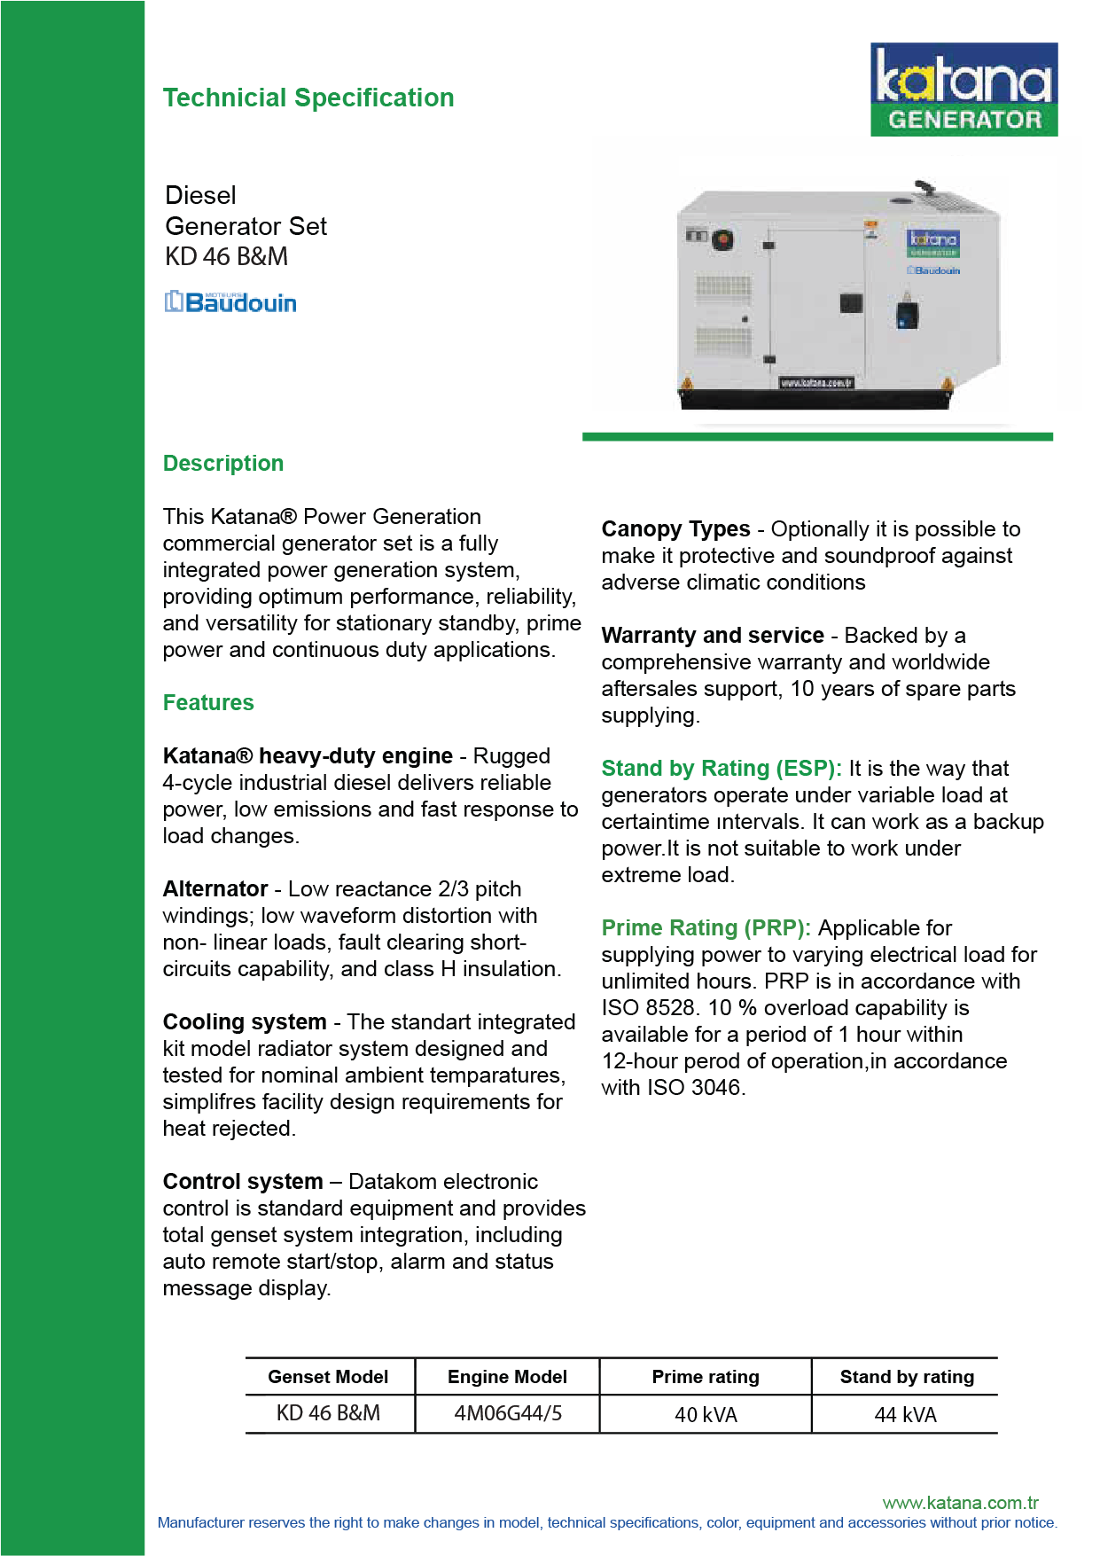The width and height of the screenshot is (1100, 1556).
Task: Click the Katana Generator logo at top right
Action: click(x=963, y=90)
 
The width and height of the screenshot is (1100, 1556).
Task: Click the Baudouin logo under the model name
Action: click(x=230, y=302)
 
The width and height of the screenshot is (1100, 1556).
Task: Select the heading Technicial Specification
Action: click(x=308, y=98)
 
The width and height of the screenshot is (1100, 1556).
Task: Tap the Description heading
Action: click(x=223, y=464)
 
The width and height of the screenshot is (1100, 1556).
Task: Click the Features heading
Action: click(x=208, y=703)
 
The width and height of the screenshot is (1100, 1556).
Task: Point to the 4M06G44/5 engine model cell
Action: click(x=508, y=1413)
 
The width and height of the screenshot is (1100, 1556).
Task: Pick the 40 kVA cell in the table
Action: click(x=706, y=1415)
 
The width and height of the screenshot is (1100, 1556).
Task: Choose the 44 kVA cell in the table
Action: click(x=905, y=1415)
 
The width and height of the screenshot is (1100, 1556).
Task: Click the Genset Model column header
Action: click(x=328, y=1377)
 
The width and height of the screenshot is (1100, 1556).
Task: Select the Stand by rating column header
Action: click(x=907, y=1377)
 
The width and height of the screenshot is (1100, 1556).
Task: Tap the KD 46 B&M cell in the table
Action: click(x=328, y=1413)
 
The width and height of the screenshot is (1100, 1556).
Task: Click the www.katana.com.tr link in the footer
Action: click(x=960, y=1503)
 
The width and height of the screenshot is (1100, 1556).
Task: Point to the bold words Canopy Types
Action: click(x=675, y=529)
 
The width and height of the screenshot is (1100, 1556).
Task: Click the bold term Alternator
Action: click(x=215, y=889)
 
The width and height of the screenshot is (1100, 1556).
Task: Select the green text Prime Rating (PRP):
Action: click(x=706, y=928)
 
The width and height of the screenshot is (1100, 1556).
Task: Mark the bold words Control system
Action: click(x=243, y=1182)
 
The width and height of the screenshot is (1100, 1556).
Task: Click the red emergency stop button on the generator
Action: click(x=722, y=238)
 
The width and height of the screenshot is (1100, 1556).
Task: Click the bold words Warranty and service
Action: click(x=713, y=636)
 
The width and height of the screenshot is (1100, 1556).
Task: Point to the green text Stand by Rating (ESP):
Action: click(x=721, y=769)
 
